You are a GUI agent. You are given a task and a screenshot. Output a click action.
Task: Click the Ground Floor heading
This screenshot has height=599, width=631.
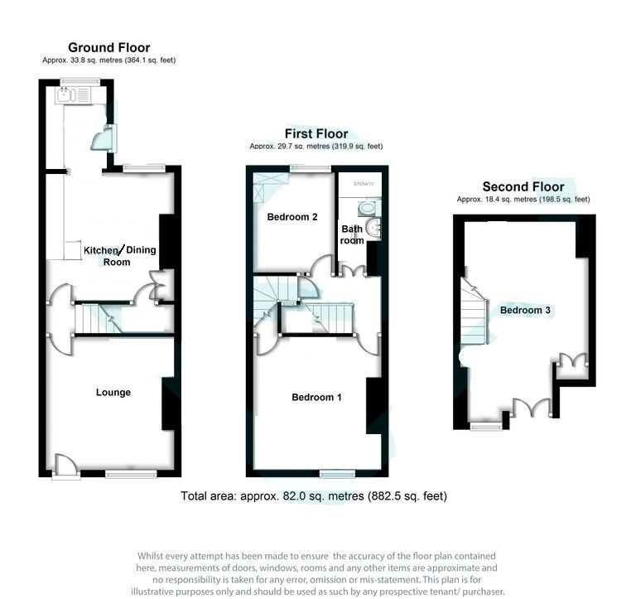point(108,47)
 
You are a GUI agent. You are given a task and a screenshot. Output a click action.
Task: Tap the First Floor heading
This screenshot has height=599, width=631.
point(315,133)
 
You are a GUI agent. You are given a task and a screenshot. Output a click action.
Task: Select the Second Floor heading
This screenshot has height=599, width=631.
point(523,186)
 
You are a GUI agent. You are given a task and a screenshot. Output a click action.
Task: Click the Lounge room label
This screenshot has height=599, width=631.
point(113,392)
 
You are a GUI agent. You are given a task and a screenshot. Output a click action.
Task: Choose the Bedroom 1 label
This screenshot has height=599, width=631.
point(316,398)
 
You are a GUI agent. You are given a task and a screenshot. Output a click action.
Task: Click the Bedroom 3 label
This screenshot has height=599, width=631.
point(525,310)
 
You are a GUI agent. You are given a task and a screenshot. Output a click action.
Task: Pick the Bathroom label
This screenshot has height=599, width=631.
point(352,234)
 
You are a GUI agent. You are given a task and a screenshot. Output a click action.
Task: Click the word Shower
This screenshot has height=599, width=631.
point(364,183)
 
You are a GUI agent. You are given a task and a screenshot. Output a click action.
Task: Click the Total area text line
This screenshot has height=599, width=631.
point(314,496)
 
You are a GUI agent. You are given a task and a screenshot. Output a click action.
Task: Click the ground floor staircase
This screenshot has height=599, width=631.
point(98,318)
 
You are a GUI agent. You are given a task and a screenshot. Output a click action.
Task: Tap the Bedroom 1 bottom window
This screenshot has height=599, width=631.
point(337,473)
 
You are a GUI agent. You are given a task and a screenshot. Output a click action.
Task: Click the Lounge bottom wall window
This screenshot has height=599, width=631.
point(131,473)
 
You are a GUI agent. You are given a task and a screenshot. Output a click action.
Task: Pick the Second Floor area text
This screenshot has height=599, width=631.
point(523,200)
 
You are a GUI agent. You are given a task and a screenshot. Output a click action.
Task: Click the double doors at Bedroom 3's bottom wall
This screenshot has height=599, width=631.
point(529,408)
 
